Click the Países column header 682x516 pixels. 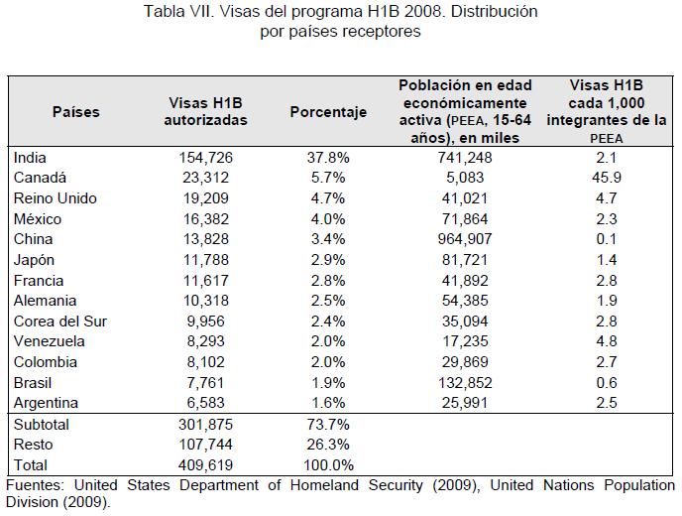click(x=76, y=112)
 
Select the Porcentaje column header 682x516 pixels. click(x=328, y=112)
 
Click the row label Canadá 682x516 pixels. click(x=40, y=178)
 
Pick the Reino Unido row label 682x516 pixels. click(x=56, y=198)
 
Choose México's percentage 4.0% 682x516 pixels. click(x=326, y=218)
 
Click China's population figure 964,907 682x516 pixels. click(x=465, y=239)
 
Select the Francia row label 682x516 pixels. click(x=41, y=280)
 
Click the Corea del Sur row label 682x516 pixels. click(x=60, y=322)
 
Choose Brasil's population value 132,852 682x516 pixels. click(x=465, y=383)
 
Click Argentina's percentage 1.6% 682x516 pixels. click(x=326, y=403)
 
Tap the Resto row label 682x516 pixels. click(x=34, y=445)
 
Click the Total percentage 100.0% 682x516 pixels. click(x=326, y=465)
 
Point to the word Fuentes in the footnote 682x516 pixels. click(x=35, y=485)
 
